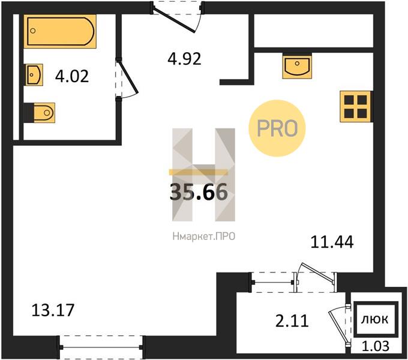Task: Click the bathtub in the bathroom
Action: coord(60,31)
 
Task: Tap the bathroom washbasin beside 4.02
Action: coord(34,74)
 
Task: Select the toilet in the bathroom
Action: coord(41,113)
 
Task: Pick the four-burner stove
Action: coord(355,106)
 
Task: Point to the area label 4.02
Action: coord(72,76)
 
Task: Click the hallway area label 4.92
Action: coord(184,59)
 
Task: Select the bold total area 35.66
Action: coord(199,192)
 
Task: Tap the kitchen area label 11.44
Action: coord(332,242)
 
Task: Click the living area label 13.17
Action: coord(53,310)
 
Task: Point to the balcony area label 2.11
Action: coord(292,321)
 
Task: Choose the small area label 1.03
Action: coord(376,346)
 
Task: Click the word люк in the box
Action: coord(374,319)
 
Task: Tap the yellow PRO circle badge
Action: coord(277,128)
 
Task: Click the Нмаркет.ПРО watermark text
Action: coord(204,236)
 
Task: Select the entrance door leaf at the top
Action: coord(173,20)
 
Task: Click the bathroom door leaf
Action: coord(127,76)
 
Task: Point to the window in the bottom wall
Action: coord(101,347)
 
